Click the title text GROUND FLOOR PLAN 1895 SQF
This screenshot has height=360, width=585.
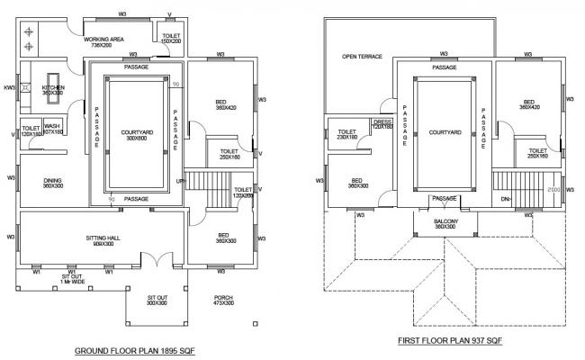(x=134, y=350)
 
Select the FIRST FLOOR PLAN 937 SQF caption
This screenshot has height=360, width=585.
(x=450, y=342)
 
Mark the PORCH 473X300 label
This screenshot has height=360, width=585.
(x=225, y=301)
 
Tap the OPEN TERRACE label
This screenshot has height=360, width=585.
(x=362, y=56)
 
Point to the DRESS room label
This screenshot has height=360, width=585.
(x=383, y=124)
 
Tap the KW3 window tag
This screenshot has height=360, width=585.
(x=9, y=87)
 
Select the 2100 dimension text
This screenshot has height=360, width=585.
(x=553, y=192)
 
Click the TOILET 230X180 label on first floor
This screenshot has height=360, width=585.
(x=347, y=135)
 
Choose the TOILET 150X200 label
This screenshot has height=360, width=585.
(x=171, y=39)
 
